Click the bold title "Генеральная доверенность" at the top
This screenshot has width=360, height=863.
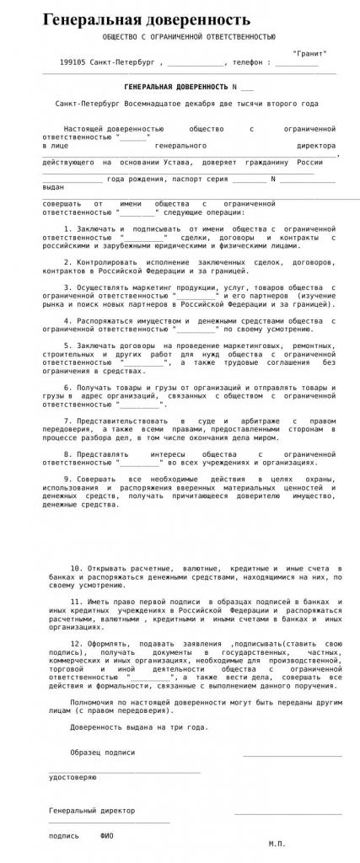[147, 19]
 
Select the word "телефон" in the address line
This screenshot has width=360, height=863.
[247, 62]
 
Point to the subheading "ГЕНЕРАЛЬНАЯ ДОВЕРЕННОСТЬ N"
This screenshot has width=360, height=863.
[178, 88]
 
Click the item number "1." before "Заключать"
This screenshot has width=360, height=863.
[68, 229]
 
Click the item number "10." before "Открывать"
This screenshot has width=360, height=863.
[77, 569]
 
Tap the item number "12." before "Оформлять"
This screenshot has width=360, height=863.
[77, 643]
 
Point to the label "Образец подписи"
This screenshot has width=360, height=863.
[102, 752]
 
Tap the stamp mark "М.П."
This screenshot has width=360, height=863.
[277, 843]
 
